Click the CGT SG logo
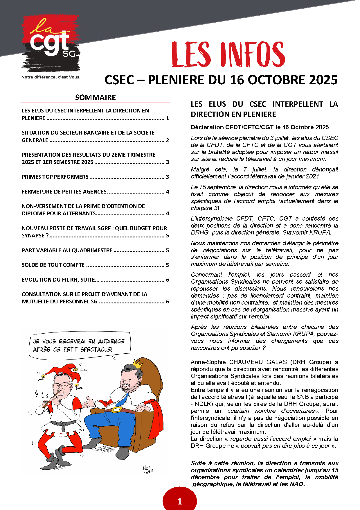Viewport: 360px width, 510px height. click(51, 44)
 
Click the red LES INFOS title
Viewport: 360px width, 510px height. click(228, 54)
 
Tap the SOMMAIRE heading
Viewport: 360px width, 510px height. click(95, 97)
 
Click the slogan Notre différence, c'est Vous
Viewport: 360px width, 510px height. click(51, 77)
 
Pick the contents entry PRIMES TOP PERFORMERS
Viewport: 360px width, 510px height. click(55, 177)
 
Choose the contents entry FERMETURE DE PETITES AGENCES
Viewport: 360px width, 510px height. click(64, 192)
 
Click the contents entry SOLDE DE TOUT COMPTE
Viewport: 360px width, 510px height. click(53, 265)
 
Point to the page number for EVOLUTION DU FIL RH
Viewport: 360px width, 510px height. click(168, 280)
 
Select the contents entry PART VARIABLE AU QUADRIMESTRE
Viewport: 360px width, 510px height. click(67, 250)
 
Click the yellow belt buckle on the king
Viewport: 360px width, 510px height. click(117, 410)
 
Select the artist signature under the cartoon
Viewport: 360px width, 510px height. click(148, 469)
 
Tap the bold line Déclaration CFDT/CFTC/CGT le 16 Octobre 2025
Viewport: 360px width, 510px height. click(260, 127)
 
